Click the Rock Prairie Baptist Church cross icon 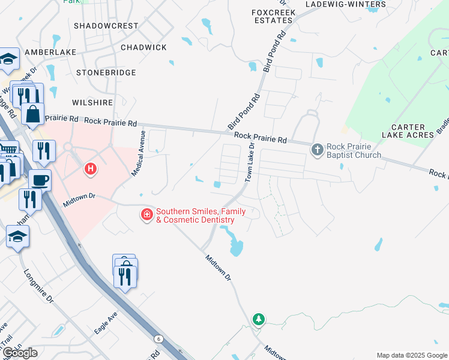click(318, 149)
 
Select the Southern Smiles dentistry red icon click(146, 215)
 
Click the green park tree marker click(259, 319)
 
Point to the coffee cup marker click(40, 180)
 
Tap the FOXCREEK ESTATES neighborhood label click(272, 16)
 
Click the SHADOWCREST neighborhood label click(106, 26)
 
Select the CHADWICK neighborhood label click(143, 47)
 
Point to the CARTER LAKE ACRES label click(412, 131)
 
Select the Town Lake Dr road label click(249, 162)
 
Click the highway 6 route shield click(158, 339)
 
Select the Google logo click(19, 353)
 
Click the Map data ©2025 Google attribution click(412, 355)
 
